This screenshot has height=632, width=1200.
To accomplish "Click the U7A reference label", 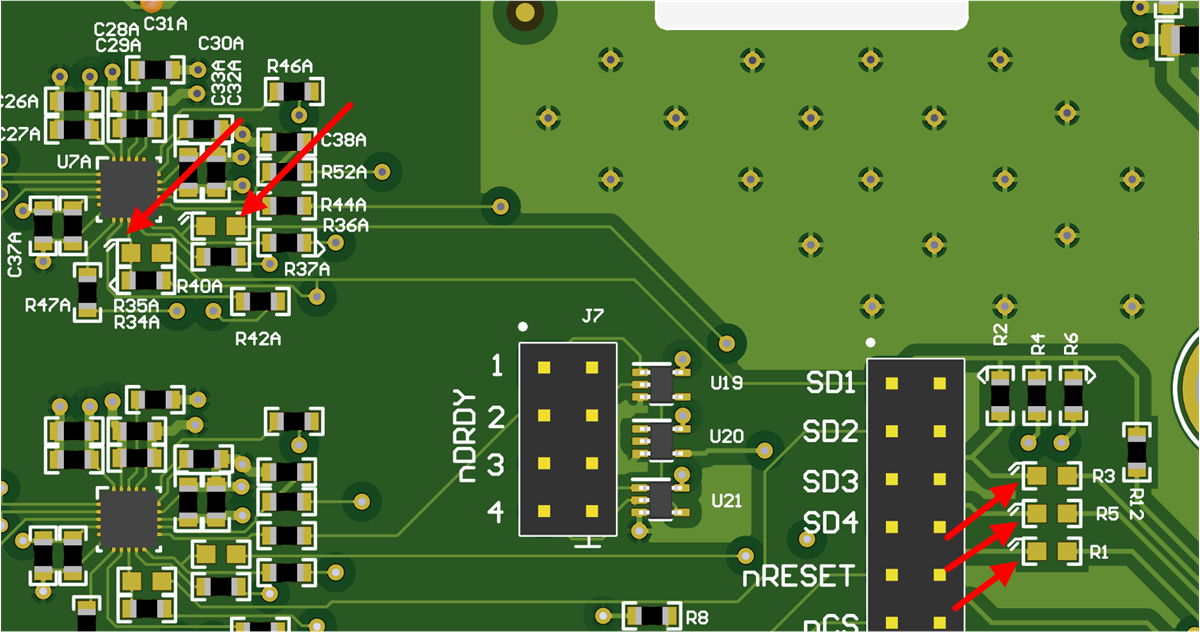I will coord(75,161).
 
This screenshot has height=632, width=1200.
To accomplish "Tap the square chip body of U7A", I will coord(128,188).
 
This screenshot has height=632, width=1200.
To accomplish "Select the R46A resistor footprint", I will coord(294,92).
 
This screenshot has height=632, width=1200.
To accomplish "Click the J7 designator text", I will coord(592,317).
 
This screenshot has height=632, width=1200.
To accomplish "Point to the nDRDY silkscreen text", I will coord(467,444).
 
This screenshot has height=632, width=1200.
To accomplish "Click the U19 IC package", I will coord(661,382).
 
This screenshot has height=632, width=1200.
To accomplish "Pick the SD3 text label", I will coord(830,482).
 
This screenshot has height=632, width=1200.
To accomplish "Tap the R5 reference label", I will coord(1106,514).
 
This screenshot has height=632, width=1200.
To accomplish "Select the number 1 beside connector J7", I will coord(497,367).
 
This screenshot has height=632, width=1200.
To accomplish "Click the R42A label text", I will coord(258,339).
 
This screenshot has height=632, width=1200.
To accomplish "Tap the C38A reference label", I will coord(343,140).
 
